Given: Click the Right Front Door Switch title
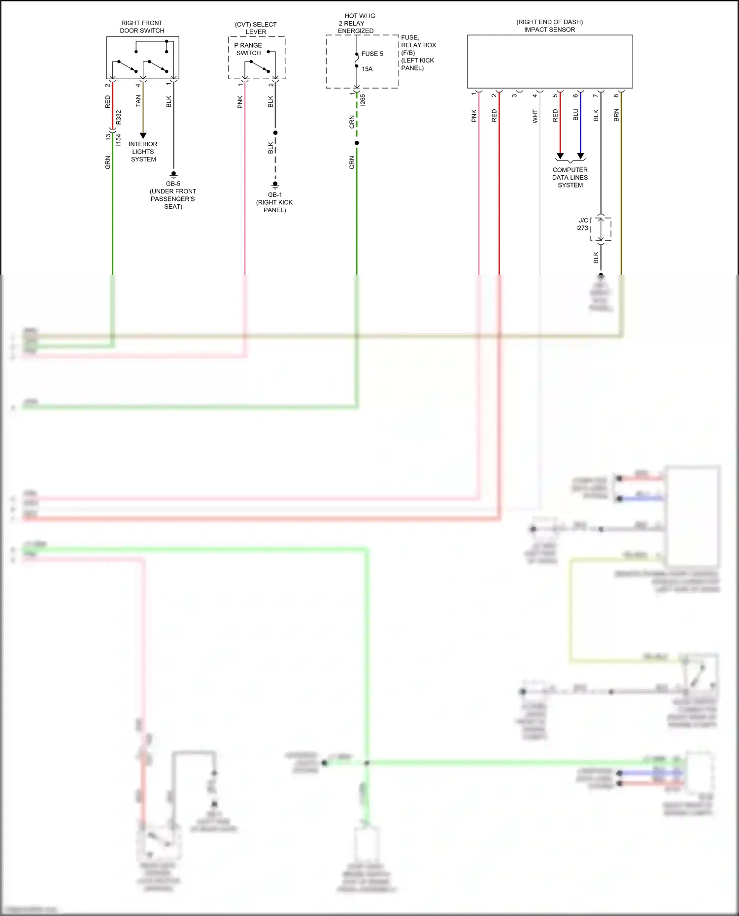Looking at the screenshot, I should [x=142, y=27].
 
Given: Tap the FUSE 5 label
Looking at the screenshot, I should [x=372, y=54].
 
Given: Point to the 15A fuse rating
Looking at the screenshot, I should [x=367, y=69].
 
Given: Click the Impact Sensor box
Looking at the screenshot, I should [x=549, y=62].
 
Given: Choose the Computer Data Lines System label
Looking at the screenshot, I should [x=570, y=178].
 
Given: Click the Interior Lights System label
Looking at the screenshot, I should [x=143, y=152].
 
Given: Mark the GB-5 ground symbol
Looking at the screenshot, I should [x=173, y=175].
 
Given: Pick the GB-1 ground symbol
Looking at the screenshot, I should [x=275, y=185].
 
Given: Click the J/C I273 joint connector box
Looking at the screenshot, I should [x=601, y=229].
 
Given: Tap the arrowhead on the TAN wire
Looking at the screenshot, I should [x=143, y=135].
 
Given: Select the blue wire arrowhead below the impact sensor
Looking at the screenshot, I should [x=580, y=156].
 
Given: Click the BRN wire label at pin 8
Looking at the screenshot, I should [x=616, y=116].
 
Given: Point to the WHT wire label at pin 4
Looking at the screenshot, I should [x=535, y=116].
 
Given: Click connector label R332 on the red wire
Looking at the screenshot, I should [x=118, y=117].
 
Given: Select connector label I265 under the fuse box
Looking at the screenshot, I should [x=363, y=100].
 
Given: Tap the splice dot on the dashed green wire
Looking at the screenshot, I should [x=357, y=143].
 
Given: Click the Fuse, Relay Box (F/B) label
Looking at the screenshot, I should [x=418, y=53].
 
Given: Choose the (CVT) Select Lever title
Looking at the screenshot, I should [x=256, y=28].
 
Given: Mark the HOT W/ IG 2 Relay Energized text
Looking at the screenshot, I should [x=357, y=23].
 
